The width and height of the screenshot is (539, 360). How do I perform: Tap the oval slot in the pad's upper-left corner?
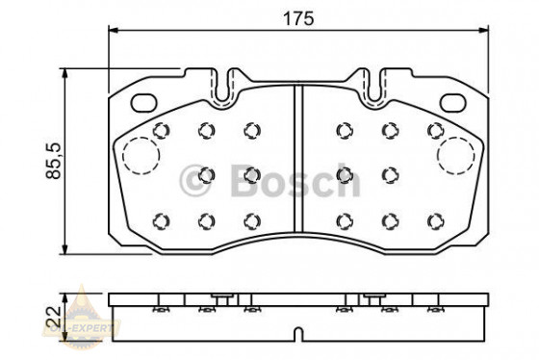pyautogui.click(x=144, y=102)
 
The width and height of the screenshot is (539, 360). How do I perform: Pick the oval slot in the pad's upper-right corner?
pyautogui.click(x=453, y=102)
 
